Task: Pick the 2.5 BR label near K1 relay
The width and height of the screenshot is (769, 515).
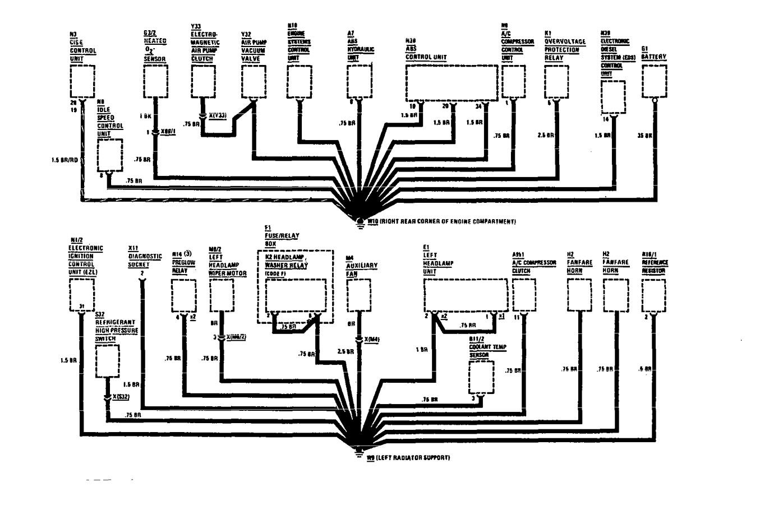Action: pyautogui.click(x=545, y=136)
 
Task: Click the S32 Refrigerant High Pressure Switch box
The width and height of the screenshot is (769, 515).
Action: pyautogui.click(x=108, y=361)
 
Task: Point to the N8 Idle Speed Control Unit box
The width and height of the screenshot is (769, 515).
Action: pyautogui.click(x=110, y=155)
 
